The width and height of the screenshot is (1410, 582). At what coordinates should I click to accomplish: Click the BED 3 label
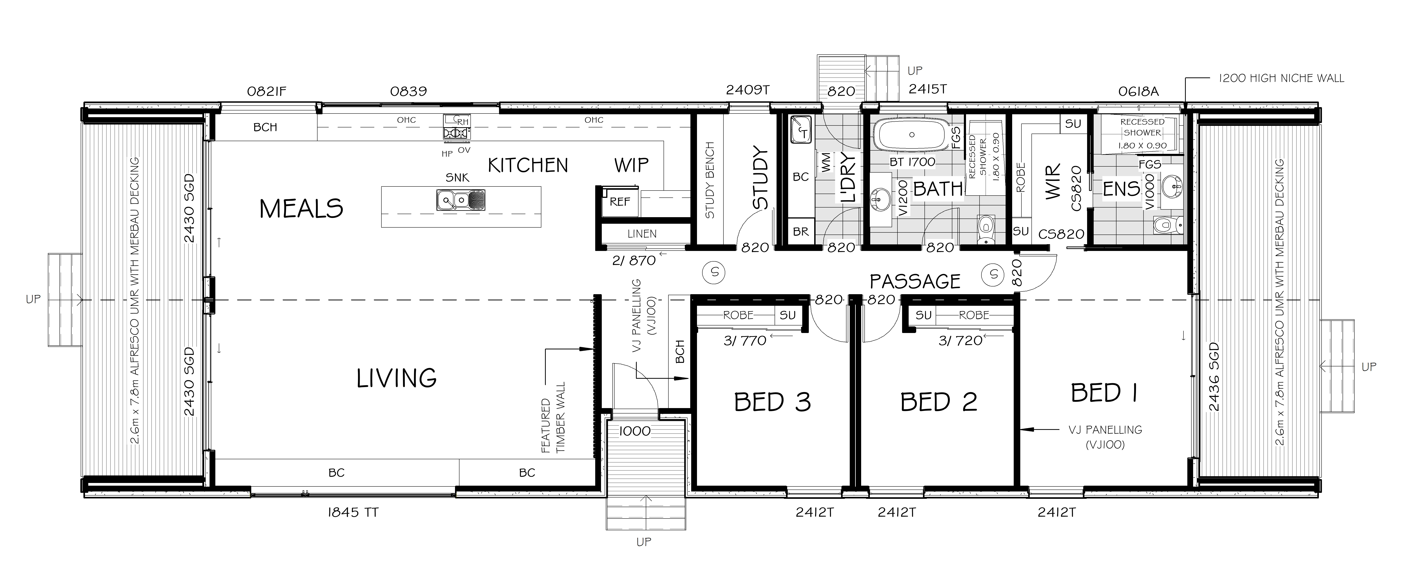(x=772, y=402)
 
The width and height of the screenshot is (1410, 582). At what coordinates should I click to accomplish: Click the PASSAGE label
(x=915, y=282)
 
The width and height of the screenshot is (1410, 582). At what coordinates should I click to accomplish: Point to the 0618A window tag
(x=1138, y=92)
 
